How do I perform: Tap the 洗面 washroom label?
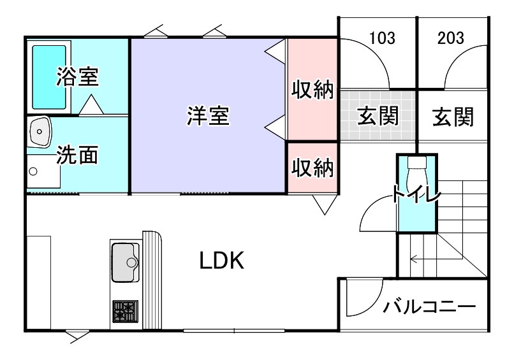[77, 155]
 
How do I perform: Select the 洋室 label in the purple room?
[208, 117]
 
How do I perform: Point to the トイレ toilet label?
[416, 194]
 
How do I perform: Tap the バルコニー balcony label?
[429, 307]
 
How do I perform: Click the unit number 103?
[382, 38]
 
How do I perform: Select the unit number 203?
[451, 38]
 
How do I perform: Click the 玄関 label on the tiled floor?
[378, 117]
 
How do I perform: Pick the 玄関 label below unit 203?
[452, 117]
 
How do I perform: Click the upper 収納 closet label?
[312, 90]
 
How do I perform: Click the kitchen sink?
[126, 261]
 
